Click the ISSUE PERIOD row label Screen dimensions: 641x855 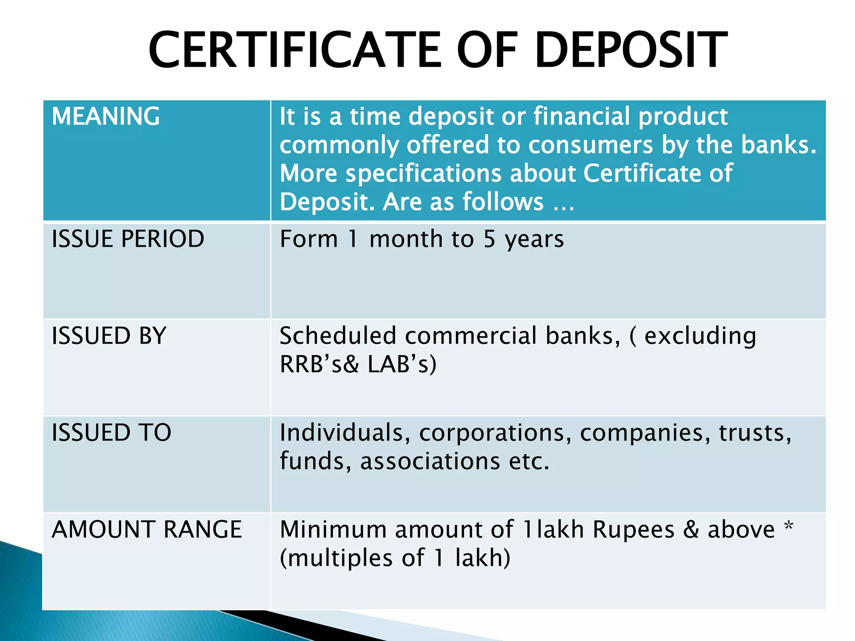(x=128, y=239)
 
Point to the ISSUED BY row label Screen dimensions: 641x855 (x=109, y=336)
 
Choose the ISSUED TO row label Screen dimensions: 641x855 (x=111, y=432)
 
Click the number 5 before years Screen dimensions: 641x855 (x=489, y=240)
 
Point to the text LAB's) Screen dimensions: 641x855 (x=402, y=364)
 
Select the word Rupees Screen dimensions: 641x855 (x=633, y=530)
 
